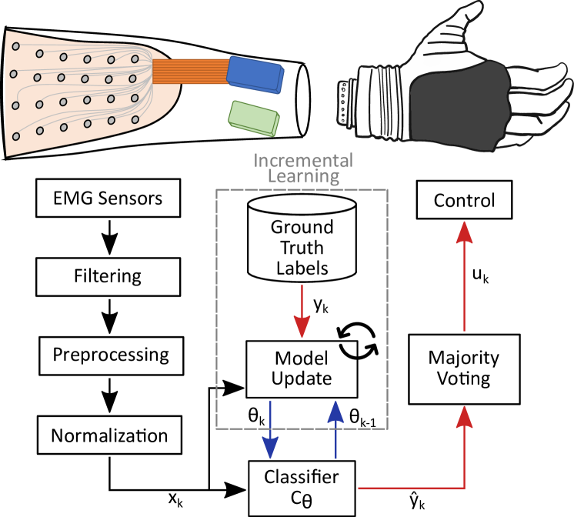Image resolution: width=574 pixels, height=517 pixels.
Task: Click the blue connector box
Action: [255, 75]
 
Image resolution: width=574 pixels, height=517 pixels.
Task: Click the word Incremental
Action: [303, 161]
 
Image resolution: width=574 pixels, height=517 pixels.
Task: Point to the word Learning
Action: [303, 176]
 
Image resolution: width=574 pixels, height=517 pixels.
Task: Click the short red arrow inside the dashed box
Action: [302, 311]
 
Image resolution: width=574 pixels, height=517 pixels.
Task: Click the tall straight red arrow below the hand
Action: [463, 277]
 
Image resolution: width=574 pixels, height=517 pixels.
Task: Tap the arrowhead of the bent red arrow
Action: [463, 417]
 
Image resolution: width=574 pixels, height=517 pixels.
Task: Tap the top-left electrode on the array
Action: [15, 47]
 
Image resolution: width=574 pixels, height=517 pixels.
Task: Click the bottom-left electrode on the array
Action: [16, 136]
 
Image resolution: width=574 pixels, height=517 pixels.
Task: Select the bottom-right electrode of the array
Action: [135, 119]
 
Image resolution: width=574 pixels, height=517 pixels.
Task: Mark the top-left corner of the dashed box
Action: [217, 190]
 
